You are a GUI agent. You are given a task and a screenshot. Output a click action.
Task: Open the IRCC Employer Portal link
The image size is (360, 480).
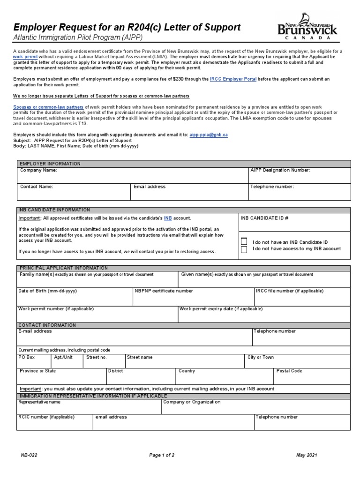tap(233, 79)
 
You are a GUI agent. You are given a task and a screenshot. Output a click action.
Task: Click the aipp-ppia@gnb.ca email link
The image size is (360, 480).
tap(209, 135)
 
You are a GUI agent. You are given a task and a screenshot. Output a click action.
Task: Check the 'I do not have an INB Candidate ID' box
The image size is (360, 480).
tap(244, 241)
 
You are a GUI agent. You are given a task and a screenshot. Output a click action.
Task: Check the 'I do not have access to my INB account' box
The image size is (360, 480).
tap(244, 249)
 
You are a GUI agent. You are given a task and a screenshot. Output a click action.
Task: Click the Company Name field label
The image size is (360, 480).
tap(38, 171)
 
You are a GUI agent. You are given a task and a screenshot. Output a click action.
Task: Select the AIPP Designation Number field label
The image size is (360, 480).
tap(280, 171)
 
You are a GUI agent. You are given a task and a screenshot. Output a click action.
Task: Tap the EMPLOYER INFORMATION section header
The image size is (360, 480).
tap(49, 164)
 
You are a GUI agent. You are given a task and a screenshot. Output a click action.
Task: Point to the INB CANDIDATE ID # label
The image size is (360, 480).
tap(264, 218)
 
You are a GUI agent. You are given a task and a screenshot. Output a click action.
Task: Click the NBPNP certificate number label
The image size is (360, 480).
tap(164, 291)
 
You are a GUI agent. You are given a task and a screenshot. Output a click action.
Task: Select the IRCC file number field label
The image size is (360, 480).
tap(289, 291)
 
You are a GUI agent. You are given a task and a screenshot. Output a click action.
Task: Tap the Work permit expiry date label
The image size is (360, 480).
tap(221, 309)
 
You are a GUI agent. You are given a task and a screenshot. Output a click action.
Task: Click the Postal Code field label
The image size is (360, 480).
tap(289, 371)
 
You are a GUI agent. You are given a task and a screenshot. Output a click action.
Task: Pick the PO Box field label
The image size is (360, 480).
tap(26, 357)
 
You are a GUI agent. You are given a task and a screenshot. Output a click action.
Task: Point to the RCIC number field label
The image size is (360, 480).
tap(46, 417)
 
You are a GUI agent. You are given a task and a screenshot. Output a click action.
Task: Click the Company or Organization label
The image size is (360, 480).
tap(192, 402)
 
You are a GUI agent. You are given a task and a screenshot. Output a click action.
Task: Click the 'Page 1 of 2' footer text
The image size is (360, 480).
tap(162, 455)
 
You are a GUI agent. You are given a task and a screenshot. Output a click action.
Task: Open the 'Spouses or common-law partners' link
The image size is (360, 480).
tap(48, 107)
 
